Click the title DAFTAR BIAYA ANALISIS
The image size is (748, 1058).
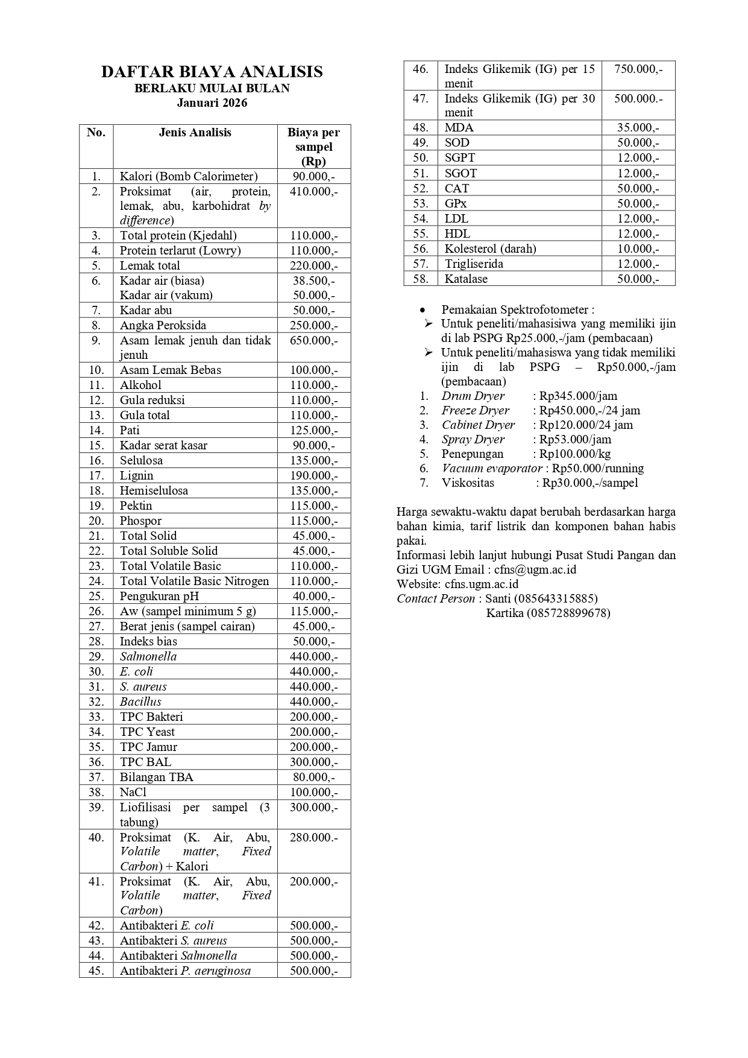tap(212, 72)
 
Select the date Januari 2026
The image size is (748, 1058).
tap(212, 103)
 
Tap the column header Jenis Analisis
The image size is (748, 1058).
tap(195, 133)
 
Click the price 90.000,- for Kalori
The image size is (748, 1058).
tap(313, 176)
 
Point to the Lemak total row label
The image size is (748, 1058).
tap(150, 265)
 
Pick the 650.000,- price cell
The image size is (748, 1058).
tap(313, 340)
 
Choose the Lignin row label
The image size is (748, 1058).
tap(137, 475)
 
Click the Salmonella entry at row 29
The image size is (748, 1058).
tap(148, 656)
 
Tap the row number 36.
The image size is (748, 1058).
tap(96, 762)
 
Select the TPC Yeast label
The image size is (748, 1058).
tap(147, 732)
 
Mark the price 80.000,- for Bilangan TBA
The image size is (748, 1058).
tap(313, 777)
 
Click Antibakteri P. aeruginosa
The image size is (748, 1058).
tap(185, 971)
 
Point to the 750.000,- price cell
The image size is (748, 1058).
tap(638, 69)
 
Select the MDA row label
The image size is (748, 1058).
tap(459, 127)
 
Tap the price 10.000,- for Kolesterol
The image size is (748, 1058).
tap(638, 249)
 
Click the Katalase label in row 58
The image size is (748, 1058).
tap(466, 279)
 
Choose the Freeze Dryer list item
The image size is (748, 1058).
tap(476, 410)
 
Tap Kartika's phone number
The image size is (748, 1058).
tap(568, 613)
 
